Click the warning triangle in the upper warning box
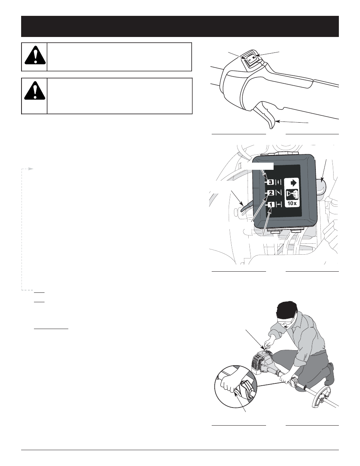tap(35, 55)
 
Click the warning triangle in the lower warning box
tap(35, 91)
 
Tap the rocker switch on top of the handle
tap(252, 59)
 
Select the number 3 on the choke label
tap(271, 182)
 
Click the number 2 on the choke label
tap(271, 193)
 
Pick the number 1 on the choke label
tap(271, 205)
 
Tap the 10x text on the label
tap(292, 203)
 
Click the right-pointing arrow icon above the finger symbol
tap(292, 183)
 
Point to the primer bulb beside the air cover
tap(320, 186)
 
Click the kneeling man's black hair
tap(287, 311)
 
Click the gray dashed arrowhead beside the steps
tap(31, 169)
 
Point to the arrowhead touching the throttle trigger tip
tap(277, 121)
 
